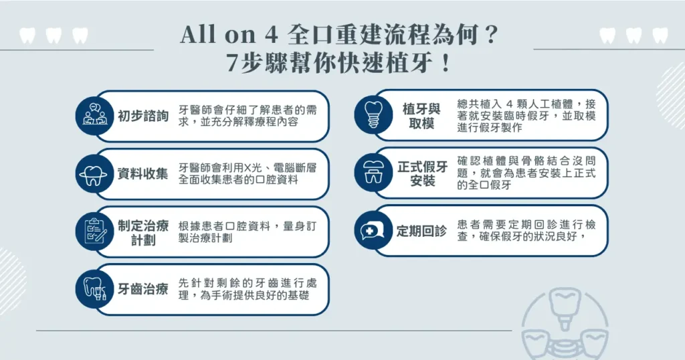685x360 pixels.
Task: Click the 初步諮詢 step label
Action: click(x=142, y=116)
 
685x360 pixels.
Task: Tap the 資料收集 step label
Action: click(x=142, y=173)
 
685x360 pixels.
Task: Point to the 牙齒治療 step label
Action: click(x=142, y=290)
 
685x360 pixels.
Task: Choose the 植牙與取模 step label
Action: click(x=422, y=116)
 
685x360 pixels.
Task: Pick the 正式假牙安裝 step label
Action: click(x=422, y=173)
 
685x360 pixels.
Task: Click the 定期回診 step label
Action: click(x=421, y=231)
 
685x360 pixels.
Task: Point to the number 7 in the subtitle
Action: click(x=233, y=64)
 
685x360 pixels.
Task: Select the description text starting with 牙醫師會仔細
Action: click(x=247, y=116)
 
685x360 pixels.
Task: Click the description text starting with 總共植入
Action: click(x=526, y=115)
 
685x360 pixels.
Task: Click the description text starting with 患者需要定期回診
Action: click(x=526, y=231)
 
